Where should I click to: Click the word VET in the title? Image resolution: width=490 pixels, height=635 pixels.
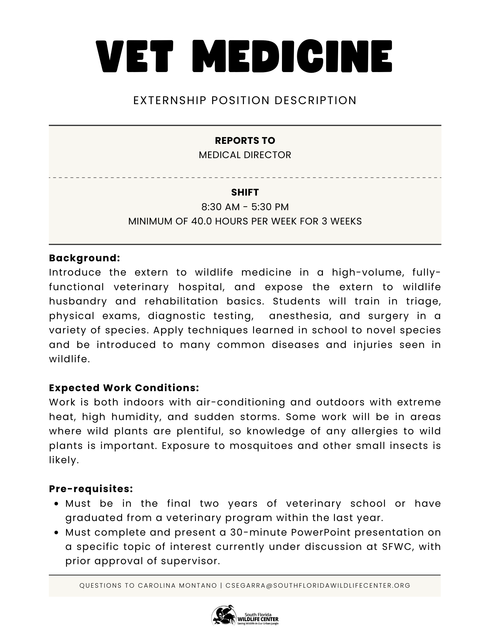pyautogui.click(x=135, y=57)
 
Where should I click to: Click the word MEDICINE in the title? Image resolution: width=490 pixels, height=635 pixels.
pyautogui.click(x=292, y=57)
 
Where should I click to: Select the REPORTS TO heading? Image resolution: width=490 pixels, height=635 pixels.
pyautogui.click(x=245, y=140)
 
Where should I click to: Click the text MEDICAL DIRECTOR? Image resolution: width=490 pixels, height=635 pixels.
pyautogui.click(x=245, y=155)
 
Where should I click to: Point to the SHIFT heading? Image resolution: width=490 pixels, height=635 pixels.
pyautogui.click(x=245, y=192)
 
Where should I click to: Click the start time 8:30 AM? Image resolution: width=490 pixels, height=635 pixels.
pyautogui.click(x=220, y=207)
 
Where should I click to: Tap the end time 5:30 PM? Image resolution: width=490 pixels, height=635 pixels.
pyautogui.click(x=270, y=207)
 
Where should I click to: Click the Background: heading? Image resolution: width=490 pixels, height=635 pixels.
pyautogui.click(x=85, y=258)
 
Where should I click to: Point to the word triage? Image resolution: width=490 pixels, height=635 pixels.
pyautogui.click(x=423, y=301)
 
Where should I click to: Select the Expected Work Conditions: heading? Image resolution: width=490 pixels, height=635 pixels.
pyautogui.click(x=124, y=388)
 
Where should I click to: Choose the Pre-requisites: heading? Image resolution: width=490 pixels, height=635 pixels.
pyautogui.click(x=91, y=489)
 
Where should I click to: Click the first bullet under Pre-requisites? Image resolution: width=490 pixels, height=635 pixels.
pyautogui.click(x=56, y=504)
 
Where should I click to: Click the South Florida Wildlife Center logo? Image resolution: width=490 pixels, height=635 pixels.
pyautogui.click(x=245, y=615)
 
